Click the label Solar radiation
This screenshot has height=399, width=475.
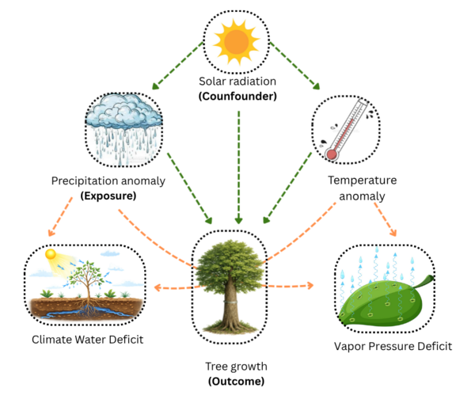pos(237,82)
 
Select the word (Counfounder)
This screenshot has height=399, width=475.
pos(237,95)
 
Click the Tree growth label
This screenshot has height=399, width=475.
pos(237,367)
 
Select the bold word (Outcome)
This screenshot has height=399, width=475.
pos(237,381)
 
